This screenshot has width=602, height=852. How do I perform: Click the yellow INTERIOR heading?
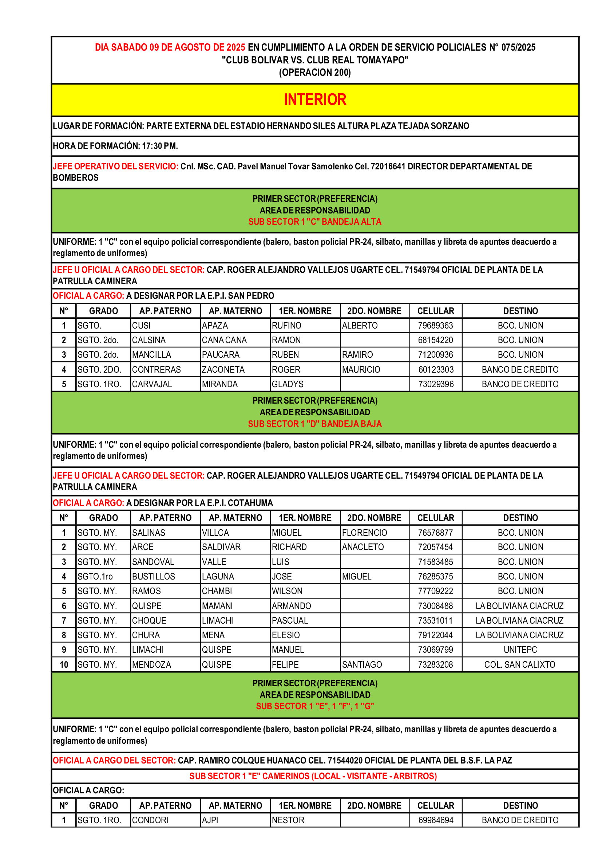(x=315, y=99)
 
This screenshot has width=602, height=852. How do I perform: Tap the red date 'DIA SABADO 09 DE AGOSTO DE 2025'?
(x=170, y=47)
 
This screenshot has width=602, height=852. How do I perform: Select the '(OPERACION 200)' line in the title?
(x=315, y=72)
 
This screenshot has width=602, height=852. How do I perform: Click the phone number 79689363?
(x=435, y=325)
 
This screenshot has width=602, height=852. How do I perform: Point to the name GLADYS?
(x=287, y=384)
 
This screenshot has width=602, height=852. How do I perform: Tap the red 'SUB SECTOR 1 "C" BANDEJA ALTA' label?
(x=315, y=221)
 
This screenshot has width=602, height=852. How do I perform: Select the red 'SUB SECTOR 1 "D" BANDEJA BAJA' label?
(x=315, y=424)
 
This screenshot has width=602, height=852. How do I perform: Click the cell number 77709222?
(x=435, y=591)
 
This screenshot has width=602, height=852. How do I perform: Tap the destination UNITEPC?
(x=520, y=649)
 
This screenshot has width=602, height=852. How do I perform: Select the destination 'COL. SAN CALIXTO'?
(x=520, y=664)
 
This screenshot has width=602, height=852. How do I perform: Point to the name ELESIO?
(x=285, y=635)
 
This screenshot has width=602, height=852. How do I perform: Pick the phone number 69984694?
(x=436, y=820)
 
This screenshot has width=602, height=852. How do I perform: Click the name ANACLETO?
(x=363, y=547)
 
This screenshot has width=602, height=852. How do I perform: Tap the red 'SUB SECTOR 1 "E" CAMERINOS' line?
(x=313, y=776)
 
